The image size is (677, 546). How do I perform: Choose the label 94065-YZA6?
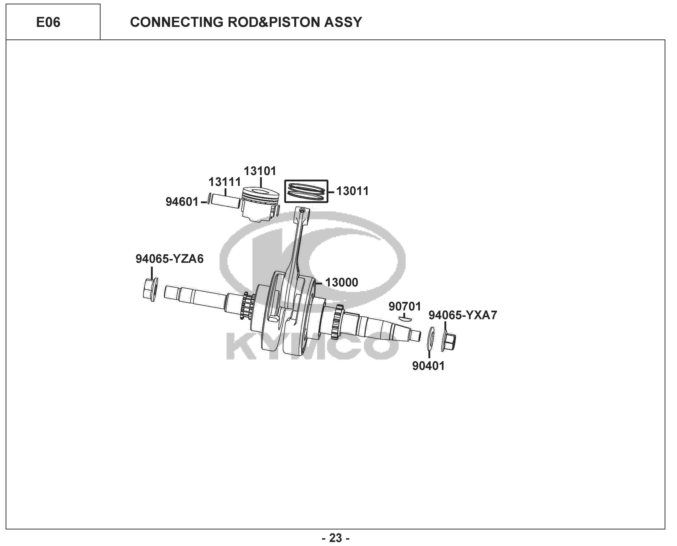(x=169, y=259)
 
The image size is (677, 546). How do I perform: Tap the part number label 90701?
(x=405, y=306)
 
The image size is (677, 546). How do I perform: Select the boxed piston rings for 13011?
(x=306, y=191)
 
